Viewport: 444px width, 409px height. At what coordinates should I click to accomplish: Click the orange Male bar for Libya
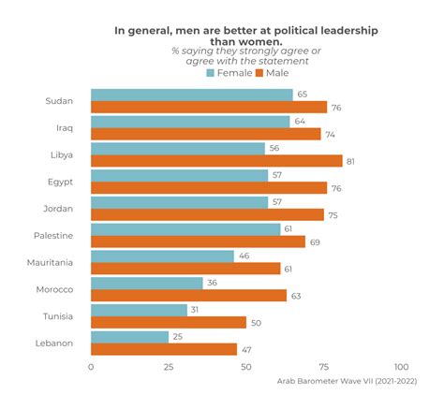click(x=216, y=161)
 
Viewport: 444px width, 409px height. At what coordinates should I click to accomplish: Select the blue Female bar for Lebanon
click(x=129, y=336)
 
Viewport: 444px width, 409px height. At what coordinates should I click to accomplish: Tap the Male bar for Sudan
click(x=209, y=107)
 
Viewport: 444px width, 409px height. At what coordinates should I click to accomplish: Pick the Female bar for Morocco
click(x=146, y=283)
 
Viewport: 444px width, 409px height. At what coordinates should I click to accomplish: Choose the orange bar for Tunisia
click(x=169, y=322)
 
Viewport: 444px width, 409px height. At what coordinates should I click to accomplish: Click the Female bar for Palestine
click(x=185, y=228)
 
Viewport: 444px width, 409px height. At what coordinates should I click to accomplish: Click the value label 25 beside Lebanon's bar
click(x=178, y=336)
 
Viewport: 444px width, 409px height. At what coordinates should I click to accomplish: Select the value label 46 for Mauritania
click(x=243, y=256)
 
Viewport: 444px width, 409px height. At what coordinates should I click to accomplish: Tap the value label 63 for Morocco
click(x=296, y=296)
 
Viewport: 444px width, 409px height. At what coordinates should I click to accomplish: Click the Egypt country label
click(x=59, y=182)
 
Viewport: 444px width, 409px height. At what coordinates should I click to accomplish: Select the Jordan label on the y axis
click(x=57, y=209)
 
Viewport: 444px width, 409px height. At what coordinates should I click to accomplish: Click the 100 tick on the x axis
click(x=402, y=367)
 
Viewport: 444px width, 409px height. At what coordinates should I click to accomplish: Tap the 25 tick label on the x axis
click(x=169, y=367)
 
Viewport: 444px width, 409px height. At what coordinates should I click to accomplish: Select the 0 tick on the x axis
click(x=91, y=367)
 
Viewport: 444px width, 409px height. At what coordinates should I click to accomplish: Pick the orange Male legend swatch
click(x=259, y=73)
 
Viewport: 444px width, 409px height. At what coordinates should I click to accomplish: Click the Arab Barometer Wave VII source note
click(x=347, y=380)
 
